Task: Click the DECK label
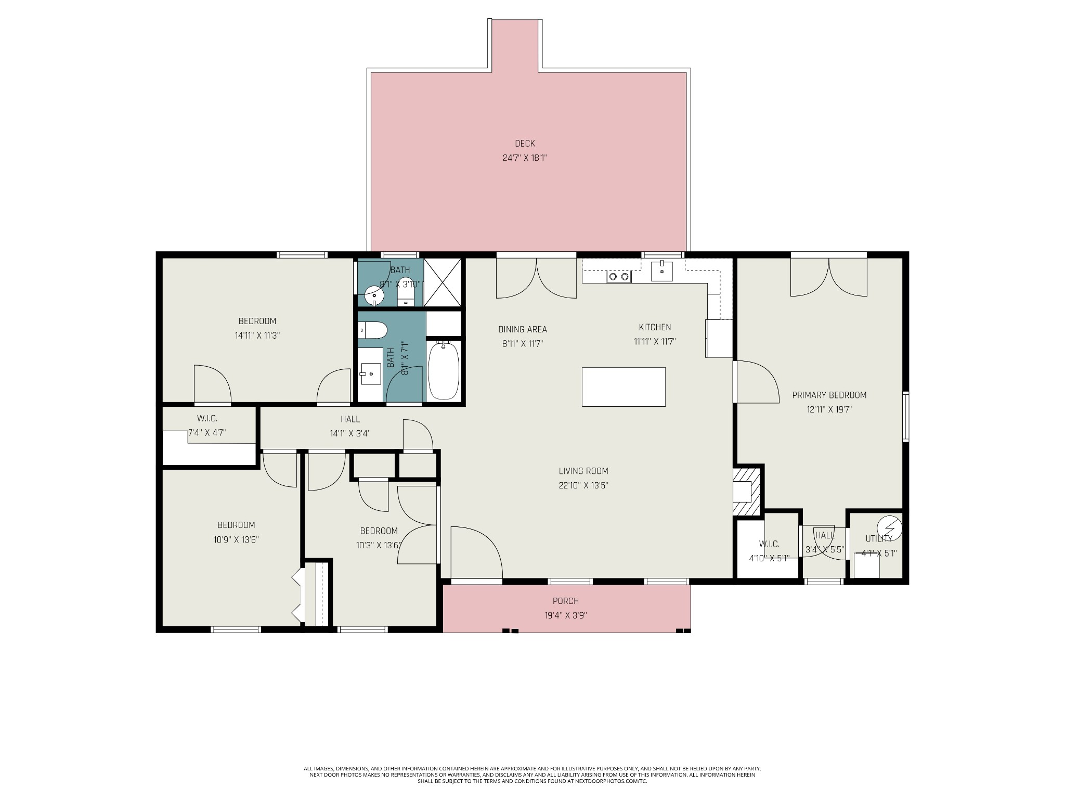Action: pos(525,144)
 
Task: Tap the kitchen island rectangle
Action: pos(624,386)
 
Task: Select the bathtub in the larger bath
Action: pos(444,370)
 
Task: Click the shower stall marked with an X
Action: pos(443,281)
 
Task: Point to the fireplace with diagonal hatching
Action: pos(747,492)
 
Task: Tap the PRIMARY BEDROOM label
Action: pos(829,395)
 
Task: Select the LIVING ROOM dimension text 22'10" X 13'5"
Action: pos(583,486)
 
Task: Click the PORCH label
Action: pos(566,601)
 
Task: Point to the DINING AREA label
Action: pos(523,329)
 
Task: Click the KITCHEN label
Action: pos(655,327)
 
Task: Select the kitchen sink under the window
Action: pos(662,271)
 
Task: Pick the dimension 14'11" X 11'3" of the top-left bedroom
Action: pos(257,336)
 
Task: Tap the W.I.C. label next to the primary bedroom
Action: pos(769,544)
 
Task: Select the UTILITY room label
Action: pos(879,539)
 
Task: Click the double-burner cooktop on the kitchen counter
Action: pos(619,277)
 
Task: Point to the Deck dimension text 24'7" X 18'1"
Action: pos(525,158)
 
